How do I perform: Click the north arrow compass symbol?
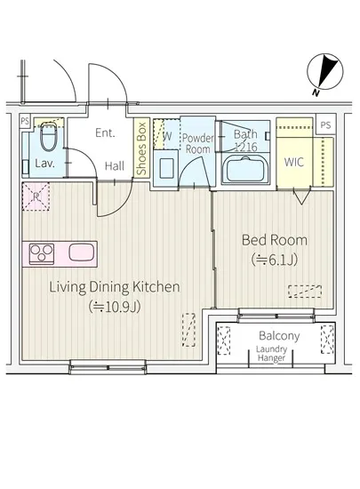point(325,72)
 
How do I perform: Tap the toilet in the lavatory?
point(49,137)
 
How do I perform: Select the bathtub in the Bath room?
point(245,169)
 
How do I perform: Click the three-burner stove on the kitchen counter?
point(42,253)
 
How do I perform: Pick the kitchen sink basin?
point(82,253)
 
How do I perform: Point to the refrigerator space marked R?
point(36,197)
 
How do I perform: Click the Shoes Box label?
point(141,148)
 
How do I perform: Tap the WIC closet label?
point(294,162)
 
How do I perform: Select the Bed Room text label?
point(275,240)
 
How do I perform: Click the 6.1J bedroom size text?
point(275,260)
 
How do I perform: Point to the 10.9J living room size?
point(115,307)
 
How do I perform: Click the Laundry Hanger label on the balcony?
point(271,354)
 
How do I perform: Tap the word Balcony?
point(279,335)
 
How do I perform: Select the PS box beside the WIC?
point(325,125)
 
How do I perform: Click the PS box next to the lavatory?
point(24,121)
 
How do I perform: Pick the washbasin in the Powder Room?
point(166,168)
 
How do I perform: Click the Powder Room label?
point(198,143)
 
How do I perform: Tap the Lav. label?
point(44,163)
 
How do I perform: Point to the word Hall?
point(115,166)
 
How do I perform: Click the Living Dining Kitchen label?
point(115,287)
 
